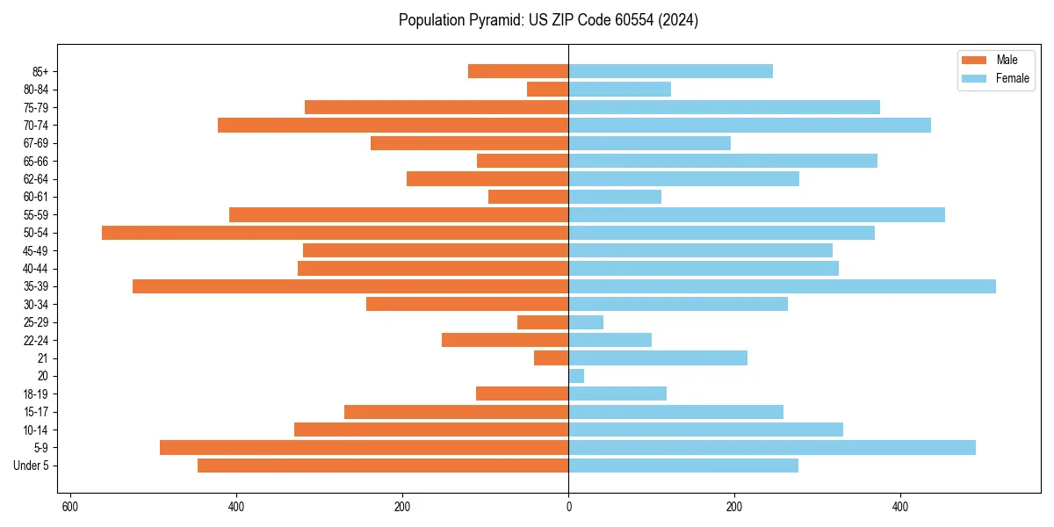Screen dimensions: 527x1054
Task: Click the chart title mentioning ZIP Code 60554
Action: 548,20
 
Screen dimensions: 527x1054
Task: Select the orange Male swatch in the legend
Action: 974,60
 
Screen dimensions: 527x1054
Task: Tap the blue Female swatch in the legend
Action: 974,78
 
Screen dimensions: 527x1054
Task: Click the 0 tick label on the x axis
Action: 568,507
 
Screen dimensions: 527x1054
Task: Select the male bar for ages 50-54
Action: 335,233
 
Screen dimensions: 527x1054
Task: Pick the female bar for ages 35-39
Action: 782,286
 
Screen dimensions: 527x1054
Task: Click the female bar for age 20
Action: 576,376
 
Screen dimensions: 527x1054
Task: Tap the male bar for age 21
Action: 552,358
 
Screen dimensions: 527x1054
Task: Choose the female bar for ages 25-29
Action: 586,322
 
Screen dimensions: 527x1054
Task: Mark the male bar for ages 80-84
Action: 548,90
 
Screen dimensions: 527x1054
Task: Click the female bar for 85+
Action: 670,71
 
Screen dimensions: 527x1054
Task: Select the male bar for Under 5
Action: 383,466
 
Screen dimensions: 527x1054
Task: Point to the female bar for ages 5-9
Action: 772,448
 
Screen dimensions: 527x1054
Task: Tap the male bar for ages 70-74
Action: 393,126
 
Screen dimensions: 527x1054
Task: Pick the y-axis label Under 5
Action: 32,466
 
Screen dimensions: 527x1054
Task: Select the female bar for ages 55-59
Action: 756,215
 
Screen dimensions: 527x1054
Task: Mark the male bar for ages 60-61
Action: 529,197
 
